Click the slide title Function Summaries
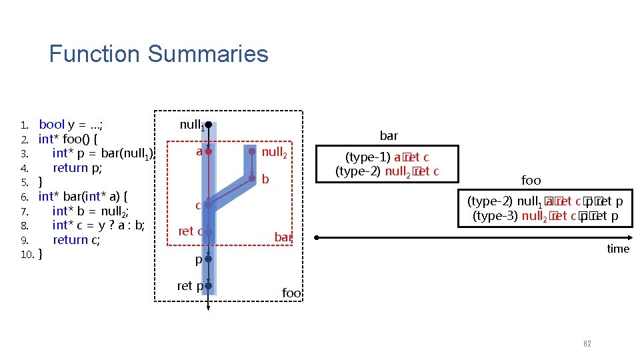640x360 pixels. click(159, 53)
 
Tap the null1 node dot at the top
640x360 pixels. click(208, 125)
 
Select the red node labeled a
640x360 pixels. click(208, 152)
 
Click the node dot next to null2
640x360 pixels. click(252, 152)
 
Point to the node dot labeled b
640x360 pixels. click(252, 178)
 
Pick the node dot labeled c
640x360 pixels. click(208, 205)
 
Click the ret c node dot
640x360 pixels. click(208, 231)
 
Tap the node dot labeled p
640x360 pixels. click(208, 259)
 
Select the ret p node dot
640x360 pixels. click(208, 286)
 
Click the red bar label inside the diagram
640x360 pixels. click(283, 237)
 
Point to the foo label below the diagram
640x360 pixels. click(291, 293)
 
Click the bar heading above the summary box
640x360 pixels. click(389, 136)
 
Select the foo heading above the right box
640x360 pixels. click(531, 180)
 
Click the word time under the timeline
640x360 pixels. click(617, 249)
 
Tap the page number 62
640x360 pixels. click(587, 343)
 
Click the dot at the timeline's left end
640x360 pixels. click(317, 237)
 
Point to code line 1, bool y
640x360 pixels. click(70, 125)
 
